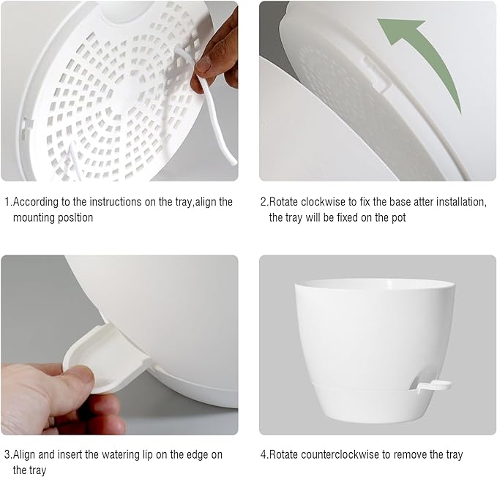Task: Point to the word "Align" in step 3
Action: click(27, 454)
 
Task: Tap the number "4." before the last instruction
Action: click(264, 454)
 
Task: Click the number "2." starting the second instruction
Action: click(264, 202)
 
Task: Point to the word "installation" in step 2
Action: click(458, 202)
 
